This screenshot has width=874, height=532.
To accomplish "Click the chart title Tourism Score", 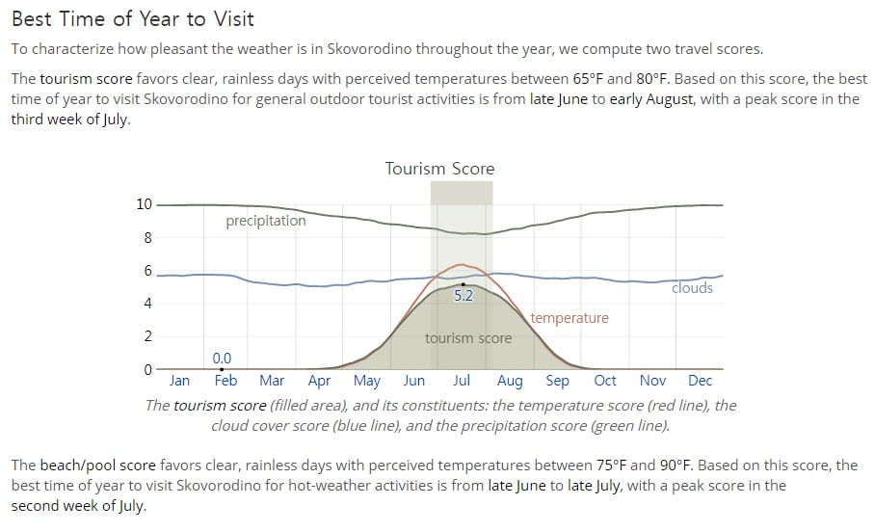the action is pos(439,169).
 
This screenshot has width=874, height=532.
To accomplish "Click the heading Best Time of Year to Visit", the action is pos(133,19).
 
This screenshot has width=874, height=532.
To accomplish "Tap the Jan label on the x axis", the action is pos(179,381).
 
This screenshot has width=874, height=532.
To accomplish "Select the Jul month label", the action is pos(462,381).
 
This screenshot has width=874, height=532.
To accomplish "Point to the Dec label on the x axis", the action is pos(701,381).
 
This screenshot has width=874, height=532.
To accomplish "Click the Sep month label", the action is pos(557,381).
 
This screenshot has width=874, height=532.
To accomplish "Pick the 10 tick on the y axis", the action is pos(144,204).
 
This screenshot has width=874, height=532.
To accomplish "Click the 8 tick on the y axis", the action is pos(147,238).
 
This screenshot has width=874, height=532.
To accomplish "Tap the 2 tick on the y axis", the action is pos(147,336).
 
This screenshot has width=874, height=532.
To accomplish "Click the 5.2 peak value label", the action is pos(463,296).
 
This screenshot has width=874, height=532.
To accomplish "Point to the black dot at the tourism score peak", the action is pos(463,285).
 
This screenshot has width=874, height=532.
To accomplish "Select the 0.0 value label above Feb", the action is pos(222,358).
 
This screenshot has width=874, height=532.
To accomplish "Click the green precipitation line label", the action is pos(266,221).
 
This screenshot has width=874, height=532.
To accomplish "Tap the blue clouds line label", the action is pos(692,288).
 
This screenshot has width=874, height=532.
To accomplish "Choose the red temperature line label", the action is pos(569,318).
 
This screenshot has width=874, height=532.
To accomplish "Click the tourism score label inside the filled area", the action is pos(468,338).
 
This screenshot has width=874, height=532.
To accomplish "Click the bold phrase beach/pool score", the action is pos(98,465).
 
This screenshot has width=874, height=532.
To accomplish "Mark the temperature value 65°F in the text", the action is pos(588,79).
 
